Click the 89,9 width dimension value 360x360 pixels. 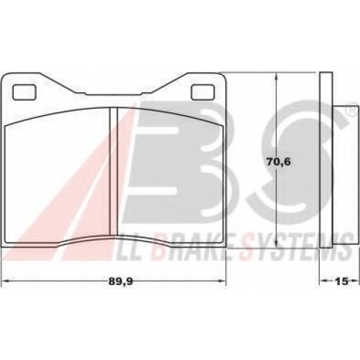[x=120, y=282]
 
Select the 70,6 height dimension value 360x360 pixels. [x=279, y=162]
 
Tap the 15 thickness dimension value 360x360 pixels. [x=341, y=282]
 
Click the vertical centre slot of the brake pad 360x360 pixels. [x=113, y=171]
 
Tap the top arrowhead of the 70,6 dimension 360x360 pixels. [x=276, y=77]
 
